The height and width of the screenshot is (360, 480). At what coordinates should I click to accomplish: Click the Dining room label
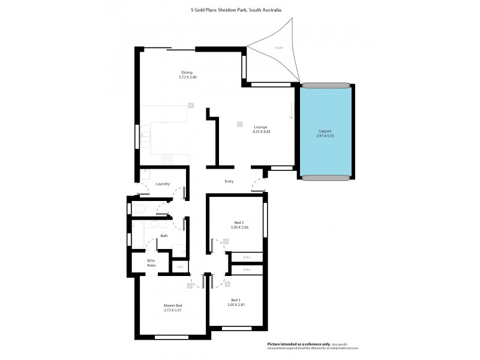(187, 73)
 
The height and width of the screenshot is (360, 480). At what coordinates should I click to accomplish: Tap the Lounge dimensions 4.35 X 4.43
(260, 132)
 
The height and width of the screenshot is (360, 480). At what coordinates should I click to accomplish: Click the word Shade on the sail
(279, 47)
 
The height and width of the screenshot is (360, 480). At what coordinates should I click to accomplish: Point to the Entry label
(229, 182)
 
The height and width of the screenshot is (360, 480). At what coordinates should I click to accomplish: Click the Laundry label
(163, 184)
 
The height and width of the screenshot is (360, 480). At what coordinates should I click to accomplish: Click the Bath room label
(164, 236)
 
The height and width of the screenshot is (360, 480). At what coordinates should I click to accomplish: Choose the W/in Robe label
(152, 263)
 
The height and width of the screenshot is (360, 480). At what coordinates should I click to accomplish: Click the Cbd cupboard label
(179, 266)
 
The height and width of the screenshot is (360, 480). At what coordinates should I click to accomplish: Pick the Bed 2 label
(238, 222)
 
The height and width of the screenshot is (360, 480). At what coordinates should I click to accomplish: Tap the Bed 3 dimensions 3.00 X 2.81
(235, 305)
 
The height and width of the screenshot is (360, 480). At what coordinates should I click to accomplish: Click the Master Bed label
(173, 305)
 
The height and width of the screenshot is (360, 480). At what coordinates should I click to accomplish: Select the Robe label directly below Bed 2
(247, 257)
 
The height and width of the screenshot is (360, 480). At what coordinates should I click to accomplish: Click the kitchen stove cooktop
(167, 159)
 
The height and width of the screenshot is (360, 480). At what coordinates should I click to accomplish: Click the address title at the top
(236, 10)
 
